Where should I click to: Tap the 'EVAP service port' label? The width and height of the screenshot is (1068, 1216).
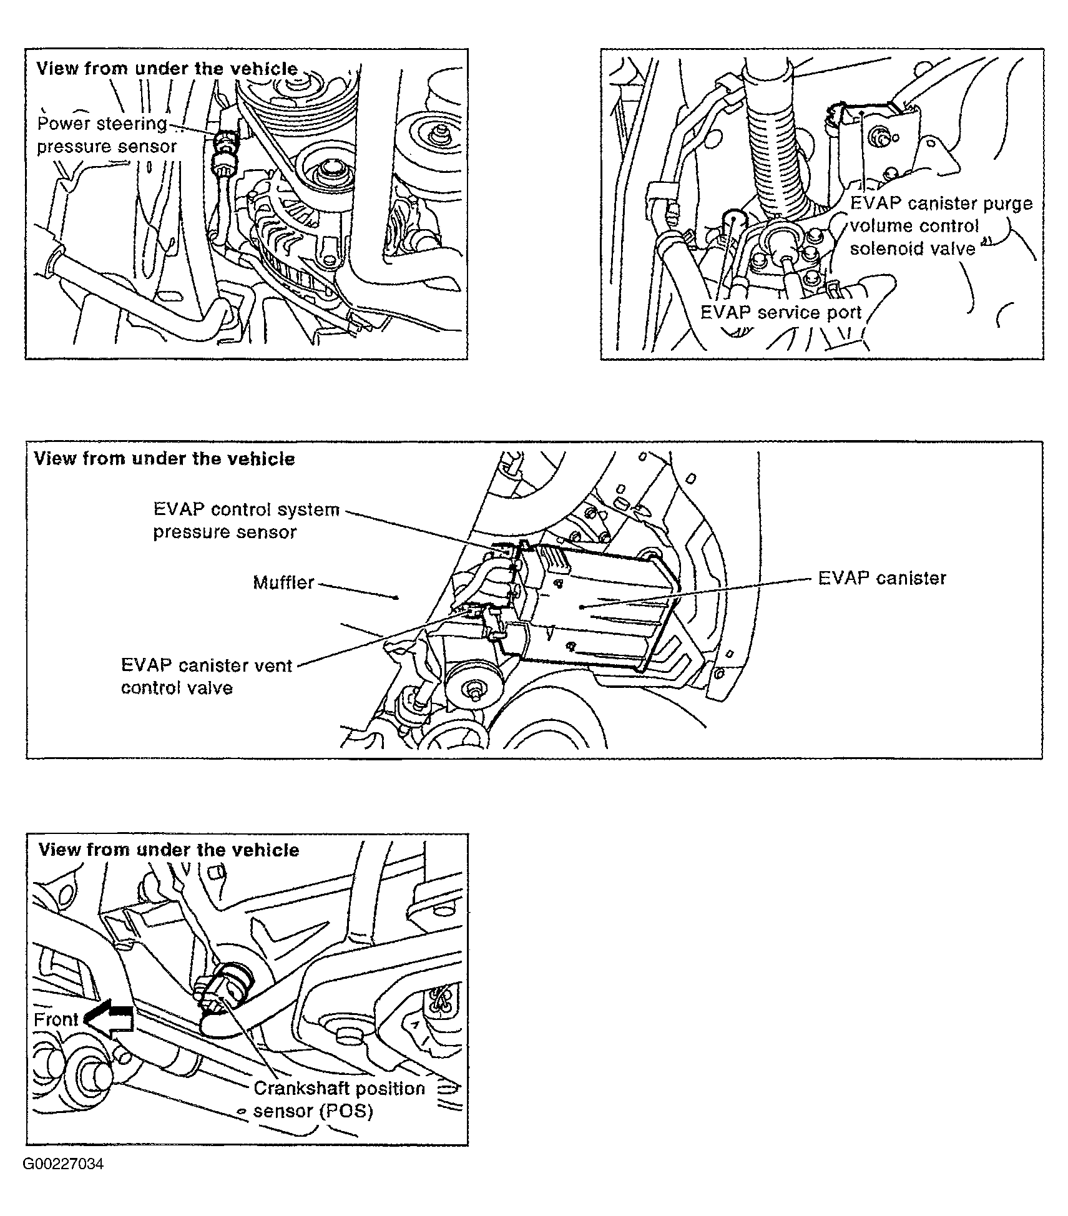pyautogui.click(x=780, y=312)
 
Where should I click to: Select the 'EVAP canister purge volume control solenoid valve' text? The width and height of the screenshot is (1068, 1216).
pyautogui.click(x=941, y=226)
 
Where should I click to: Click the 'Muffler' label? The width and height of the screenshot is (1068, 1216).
pyautogui.click(x=283, y=582)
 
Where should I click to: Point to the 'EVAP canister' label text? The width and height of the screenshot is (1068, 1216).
pyautogui.click(x=881, y=578)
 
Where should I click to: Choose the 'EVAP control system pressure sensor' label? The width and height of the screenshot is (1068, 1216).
pyautogui.click(x=246, y=521)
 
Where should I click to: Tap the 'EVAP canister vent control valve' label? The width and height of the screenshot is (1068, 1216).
pyautogui.click(x=206, y=676)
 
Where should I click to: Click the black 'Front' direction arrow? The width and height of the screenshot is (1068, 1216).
pyautogui.click(x=110, y=1019)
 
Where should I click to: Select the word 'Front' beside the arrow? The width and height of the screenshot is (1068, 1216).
pyautogui.click(x=56, y=1019)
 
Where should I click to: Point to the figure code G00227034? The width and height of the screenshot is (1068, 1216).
pyautogui.click(x=63, y=1164)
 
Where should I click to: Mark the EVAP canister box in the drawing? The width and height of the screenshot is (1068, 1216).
pyautogui.click(x=593, y=606)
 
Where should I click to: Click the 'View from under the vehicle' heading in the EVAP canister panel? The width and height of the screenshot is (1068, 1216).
pyautogui.click(x=164, y=459)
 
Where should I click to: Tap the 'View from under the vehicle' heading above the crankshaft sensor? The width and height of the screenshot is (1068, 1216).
pyautogui.click(x=169, y=850)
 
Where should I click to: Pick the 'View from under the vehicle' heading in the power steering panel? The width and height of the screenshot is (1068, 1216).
pyautogui.click(x=167, y=68)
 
